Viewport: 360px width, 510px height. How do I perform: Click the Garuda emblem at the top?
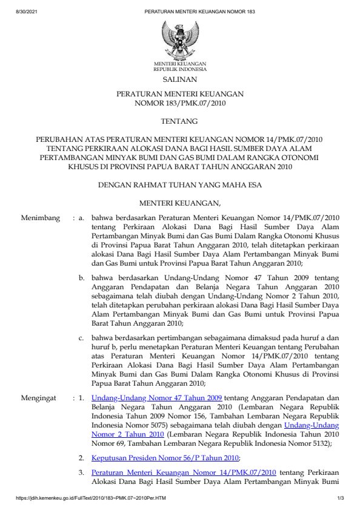(x=179, y=39)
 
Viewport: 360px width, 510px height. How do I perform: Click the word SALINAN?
(x=179, y=79)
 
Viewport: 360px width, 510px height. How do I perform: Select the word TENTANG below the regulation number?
(x=179, y=121)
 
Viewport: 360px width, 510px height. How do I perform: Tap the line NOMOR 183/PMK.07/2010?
(x=179, y=104)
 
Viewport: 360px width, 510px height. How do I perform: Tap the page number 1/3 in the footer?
(x=341, y=498)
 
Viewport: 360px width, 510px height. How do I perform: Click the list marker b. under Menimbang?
(x=82, y=276)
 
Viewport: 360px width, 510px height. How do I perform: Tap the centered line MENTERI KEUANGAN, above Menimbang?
(x=179, y=202)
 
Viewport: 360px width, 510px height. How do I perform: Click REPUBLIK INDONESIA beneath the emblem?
(x=179, y=69)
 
